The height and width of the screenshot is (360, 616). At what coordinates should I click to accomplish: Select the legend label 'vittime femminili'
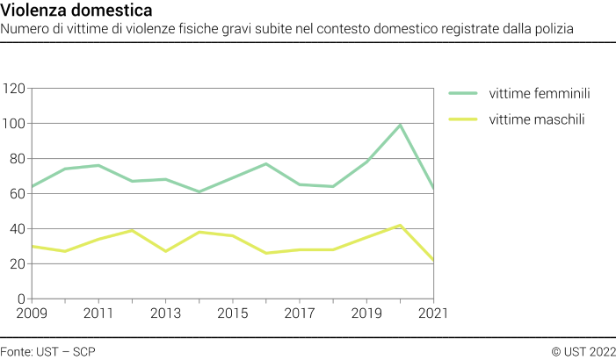point(539,94)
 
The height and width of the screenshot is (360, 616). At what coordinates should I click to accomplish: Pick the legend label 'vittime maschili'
point(537,119)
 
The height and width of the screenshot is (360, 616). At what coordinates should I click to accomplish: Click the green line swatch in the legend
point(462,94)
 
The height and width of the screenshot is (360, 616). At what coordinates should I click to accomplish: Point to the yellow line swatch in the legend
point(462,119)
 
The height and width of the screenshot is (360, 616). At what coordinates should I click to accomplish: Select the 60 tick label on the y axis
point(17,194)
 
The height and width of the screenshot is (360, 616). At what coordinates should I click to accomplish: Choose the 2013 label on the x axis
point(165,313)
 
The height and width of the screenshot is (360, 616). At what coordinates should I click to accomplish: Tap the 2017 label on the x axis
point(300,313)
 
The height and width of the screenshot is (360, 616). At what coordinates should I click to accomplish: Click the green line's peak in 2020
point(401,125)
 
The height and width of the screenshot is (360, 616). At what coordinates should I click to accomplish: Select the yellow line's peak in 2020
point(401,226)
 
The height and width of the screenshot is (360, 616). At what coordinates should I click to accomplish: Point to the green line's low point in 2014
point(199,191)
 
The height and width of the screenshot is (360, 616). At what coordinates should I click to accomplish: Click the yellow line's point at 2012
point(131,230)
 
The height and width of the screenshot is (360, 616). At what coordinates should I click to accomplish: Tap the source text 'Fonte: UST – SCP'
point(48,351)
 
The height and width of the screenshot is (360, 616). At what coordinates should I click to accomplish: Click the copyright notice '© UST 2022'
point(583,351)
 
